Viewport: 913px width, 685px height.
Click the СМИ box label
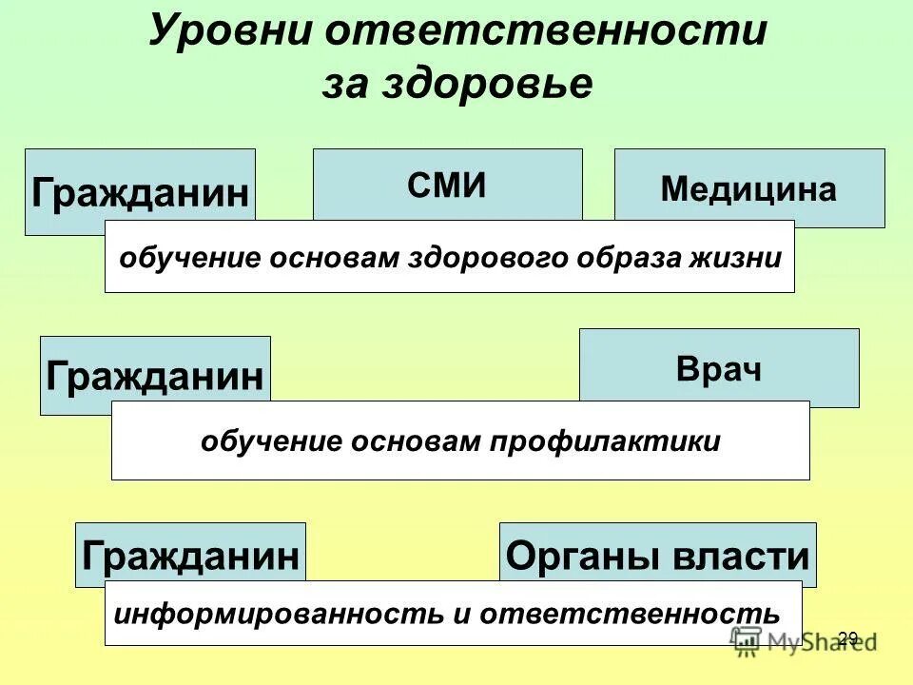coord(447,186)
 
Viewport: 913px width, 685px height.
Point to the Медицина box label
coord(748,190)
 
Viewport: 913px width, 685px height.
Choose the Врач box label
coord(719,369)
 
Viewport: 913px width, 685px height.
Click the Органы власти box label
coord(657,556)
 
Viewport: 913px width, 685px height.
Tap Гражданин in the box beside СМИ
coord(140,193)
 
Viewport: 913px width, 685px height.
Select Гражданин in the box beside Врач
coord(155,377)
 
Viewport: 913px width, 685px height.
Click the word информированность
coord(279,613)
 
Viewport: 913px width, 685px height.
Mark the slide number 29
coord(848,638)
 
